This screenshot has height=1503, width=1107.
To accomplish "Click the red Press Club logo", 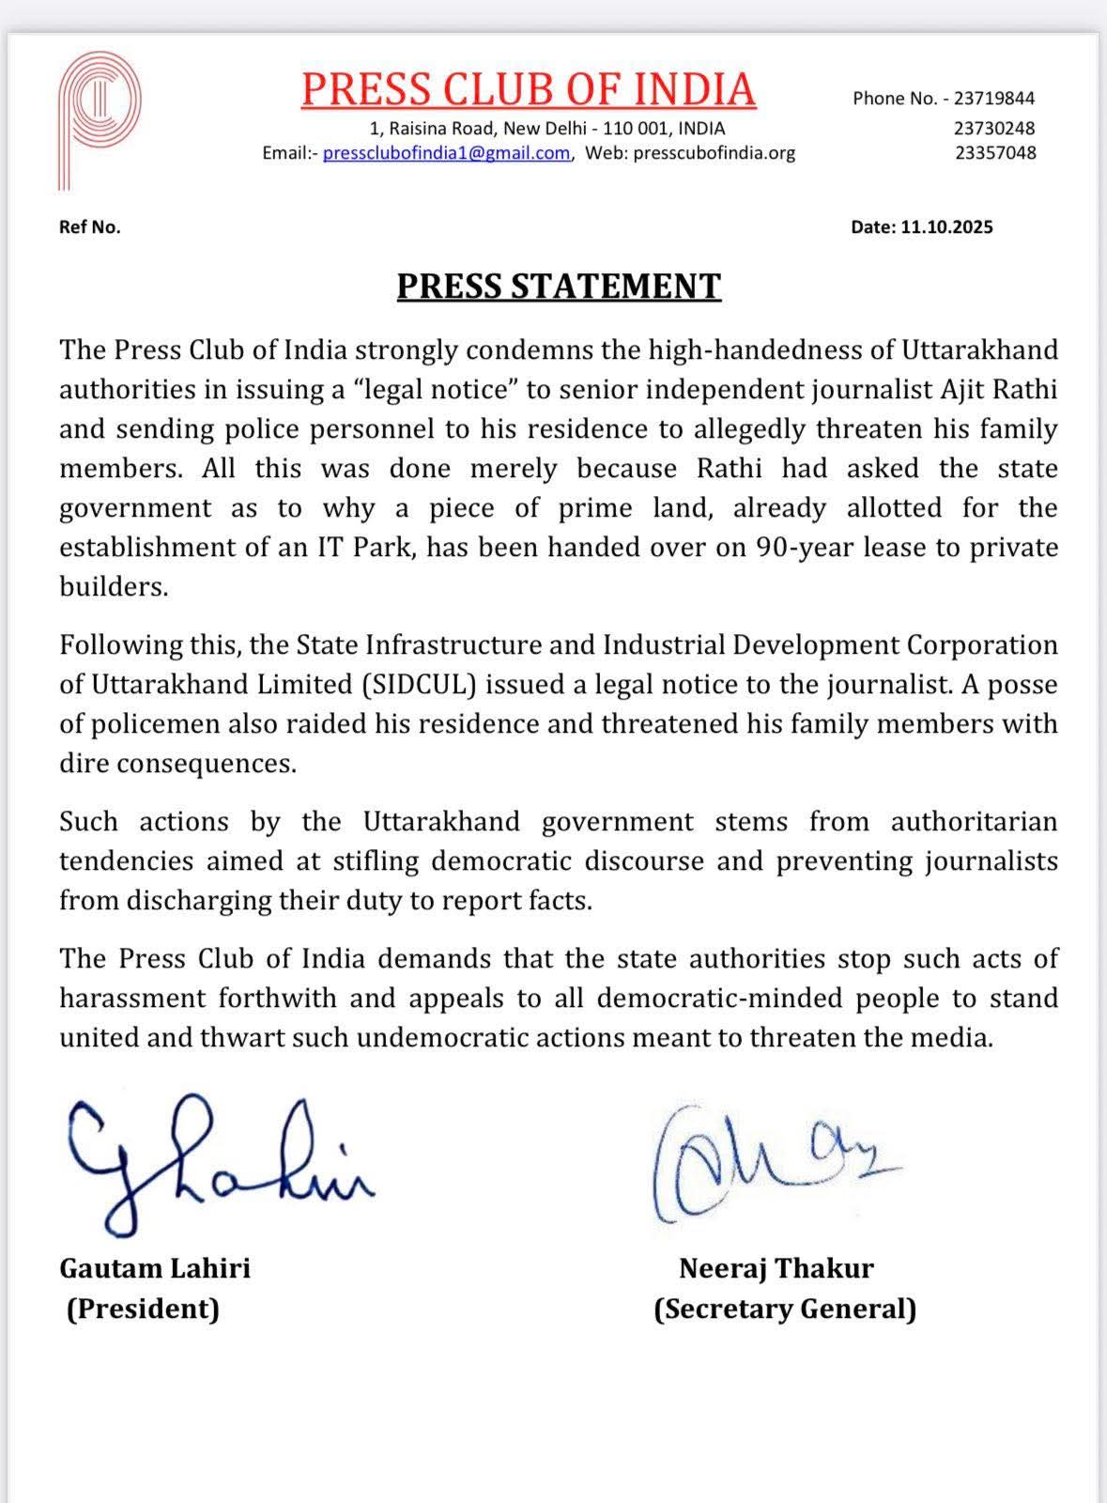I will point(99,117).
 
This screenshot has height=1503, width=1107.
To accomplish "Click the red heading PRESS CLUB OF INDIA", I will point(528,89).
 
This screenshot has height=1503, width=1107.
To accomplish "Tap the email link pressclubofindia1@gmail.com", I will point(446,153).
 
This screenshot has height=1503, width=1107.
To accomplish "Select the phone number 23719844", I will point(993,98).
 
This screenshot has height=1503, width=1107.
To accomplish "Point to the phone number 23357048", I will point(995,152).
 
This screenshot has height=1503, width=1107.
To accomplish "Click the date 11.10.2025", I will point(946,226).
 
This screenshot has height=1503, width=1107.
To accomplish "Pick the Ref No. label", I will point(89,226).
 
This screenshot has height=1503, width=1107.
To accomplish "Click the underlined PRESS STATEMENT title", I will point(559,286).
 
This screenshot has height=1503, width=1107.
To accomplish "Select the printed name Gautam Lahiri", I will point(155,1268).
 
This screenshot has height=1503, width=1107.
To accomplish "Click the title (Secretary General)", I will point(785,1309).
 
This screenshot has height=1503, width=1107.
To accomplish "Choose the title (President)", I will point(143,1309).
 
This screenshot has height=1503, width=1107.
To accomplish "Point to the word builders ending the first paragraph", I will point(113,586).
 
